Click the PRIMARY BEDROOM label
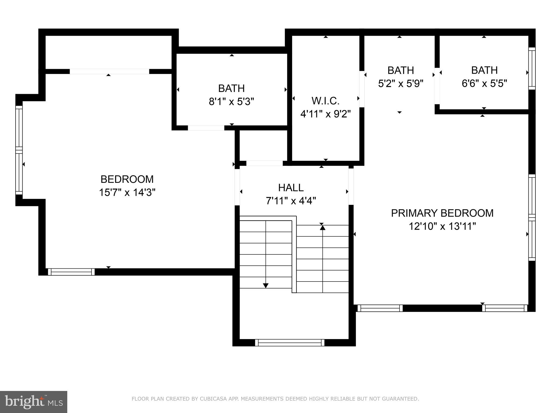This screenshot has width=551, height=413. point(442,213)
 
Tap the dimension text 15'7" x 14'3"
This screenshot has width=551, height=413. point(127,193)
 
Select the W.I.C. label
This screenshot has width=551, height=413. point(325,101)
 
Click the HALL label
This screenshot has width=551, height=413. point(291,188)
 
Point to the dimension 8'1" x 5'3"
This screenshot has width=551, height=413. point(231,102)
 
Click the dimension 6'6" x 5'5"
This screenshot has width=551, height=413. point(484,83)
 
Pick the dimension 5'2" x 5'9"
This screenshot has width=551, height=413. point(401,83)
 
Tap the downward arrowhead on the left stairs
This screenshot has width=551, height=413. point(266,286)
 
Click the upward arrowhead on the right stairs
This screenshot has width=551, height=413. point(323,227)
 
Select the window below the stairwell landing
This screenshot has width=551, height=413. point(289,343)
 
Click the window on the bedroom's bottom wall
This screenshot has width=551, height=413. point(71,272)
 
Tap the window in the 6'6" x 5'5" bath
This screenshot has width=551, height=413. point(532,68)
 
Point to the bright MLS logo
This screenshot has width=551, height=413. point(34,402)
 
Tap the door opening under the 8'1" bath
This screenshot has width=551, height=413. point(206,128)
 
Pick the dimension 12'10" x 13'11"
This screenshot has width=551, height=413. point(442,226)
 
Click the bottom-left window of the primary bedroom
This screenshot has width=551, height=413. point(380,308)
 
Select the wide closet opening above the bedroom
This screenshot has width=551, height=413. point(109,71)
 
